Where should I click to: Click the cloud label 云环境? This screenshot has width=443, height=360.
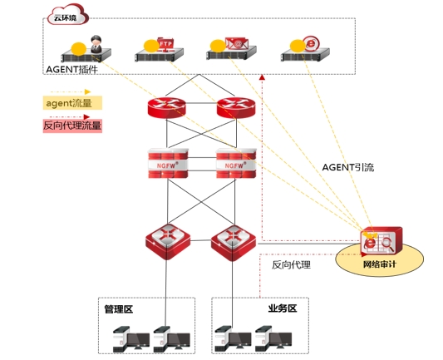tap(66, 18)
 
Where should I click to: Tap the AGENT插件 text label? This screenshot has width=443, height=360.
tap(71, 70)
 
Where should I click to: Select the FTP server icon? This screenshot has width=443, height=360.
tap(165, 45)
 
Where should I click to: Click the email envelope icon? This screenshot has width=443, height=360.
tap(237, 43)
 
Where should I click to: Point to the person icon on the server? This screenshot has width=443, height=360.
tap(96, 44)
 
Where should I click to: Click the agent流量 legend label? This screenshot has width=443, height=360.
tap(69, 103)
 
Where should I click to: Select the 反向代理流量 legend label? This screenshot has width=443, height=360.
tap(72, 126)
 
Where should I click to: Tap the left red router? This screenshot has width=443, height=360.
tap(167, 107)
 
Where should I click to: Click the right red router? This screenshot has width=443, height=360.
tap(236, 107)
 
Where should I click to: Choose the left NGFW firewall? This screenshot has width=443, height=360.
tap(168, 163)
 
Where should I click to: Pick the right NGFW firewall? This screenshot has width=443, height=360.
tap(236, 163)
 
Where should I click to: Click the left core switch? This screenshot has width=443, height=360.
tap(168, 242)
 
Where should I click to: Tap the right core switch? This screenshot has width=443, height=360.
tap(234, 243)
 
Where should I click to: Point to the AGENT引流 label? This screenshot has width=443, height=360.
tap(348, 168)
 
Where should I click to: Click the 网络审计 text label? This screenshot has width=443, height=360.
tap(380, 264)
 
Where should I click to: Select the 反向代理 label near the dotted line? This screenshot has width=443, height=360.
tap(291, 264)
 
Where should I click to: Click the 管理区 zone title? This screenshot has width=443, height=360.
tap(118, 309)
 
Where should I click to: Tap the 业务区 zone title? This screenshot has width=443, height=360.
tap(283, 308)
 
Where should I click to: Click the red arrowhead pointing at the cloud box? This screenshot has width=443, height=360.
tap(262, 76)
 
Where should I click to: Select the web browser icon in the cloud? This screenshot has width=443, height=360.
tap(311, 43)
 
